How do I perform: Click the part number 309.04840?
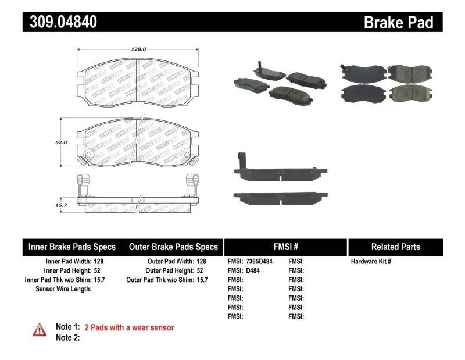point(60,22)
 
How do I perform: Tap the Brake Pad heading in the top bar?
point(398,22)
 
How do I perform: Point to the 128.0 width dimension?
point(138,49)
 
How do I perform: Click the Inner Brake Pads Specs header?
point(72,247)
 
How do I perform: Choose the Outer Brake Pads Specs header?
point(173,247)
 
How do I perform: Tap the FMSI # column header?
point(285,247)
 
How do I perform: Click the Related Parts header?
point(395,247)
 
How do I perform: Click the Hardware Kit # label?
point(371,262)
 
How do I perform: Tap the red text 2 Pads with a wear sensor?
point(129,328)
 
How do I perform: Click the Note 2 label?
point(67,337)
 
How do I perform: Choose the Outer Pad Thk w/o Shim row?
point(167,280)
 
